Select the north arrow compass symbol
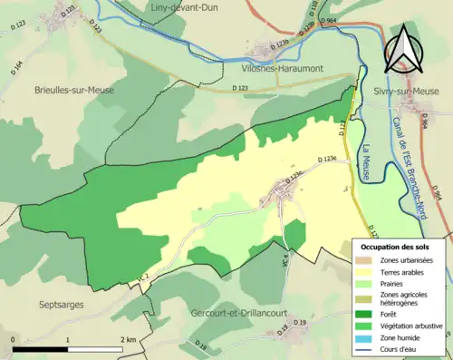(x=403, y=52)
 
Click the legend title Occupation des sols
(x=394, y=246)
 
